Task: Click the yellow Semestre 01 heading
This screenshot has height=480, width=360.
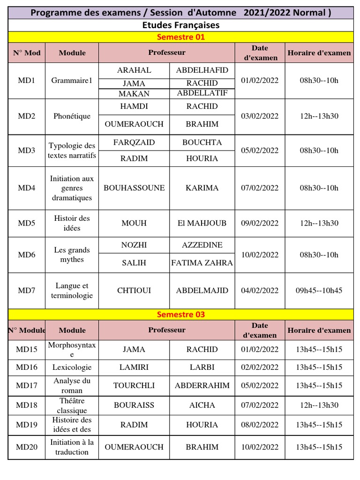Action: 181,37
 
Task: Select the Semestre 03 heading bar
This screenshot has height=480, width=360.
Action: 181,315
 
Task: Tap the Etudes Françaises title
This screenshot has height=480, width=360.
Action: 181,25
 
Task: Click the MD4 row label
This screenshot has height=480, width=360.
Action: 27,188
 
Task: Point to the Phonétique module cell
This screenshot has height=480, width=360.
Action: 72,116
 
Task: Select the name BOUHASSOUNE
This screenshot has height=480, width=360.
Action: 134,188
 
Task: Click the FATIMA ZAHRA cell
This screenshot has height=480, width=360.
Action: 202,263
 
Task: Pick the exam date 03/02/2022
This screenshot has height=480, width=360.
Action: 260,116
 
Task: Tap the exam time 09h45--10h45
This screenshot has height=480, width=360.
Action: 319,291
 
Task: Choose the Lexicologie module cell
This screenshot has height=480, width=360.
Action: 72,367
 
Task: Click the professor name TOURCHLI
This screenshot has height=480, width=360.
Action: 134,386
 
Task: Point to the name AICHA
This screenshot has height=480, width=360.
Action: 202,405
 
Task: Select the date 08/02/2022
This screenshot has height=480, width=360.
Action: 260,425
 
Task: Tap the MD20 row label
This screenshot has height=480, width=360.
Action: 27,447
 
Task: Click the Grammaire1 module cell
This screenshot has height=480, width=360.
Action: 72,81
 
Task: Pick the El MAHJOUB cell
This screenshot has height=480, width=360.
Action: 202,223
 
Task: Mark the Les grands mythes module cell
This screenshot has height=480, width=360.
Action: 72,255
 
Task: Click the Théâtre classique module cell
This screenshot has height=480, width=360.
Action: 72,405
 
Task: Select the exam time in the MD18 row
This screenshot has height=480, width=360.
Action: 319,405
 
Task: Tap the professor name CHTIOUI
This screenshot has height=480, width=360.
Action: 134,291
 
